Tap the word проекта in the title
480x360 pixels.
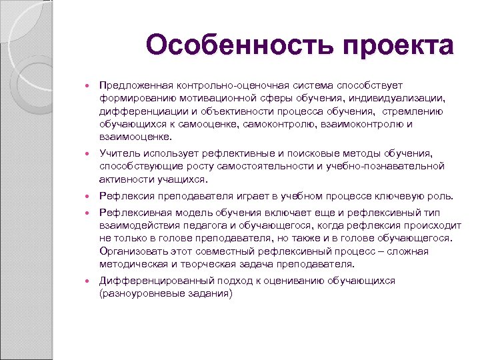399,46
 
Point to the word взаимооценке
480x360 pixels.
134,137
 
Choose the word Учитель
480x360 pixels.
119,153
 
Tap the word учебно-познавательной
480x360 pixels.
393,166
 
